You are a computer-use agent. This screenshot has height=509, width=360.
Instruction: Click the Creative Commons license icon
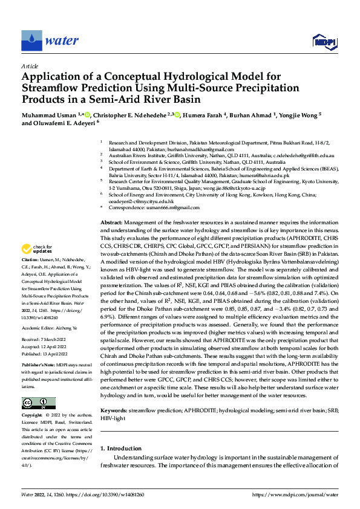(39, 403)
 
